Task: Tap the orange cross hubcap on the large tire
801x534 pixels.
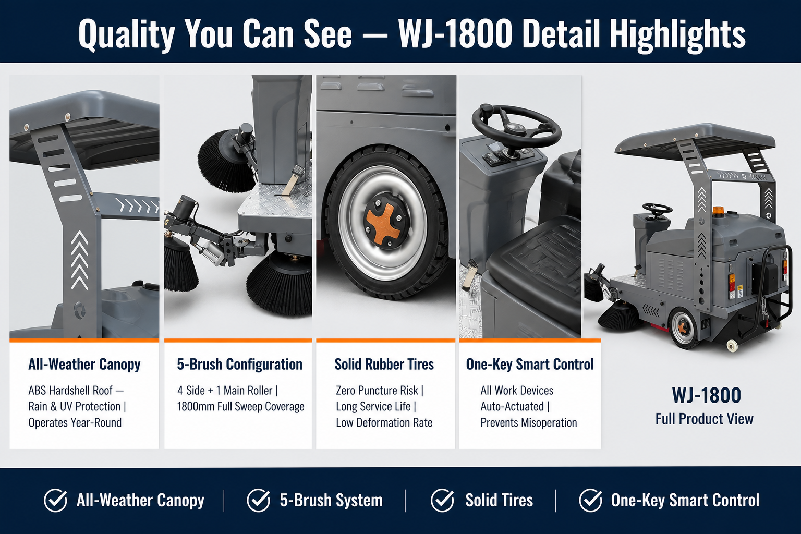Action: (383, 223)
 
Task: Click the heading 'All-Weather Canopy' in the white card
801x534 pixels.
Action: (84, 365)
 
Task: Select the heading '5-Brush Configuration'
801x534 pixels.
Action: (239, 365)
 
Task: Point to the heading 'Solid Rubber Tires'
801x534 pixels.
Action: (384, 365)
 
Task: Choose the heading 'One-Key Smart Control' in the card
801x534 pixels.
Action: (530, 365)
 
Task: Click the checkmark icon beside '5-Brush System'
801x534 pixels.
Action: (258, 500)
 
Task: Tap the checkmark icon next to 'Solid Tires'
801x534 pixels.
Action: (442, 500)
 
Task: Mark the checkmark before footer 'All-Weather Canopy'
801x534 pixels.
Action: (55, 500)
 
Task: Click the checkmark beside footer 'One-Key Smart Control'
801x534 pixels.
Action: (590, 500)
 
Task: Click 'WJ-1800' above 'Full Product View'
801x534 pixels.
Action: (706, 395)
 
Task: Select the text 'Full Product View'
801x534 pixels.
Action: (704, 419)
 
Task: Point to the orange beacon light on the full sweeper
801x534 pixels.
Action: (718, 211)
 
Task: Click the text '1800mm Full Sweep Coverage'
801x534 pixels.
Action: (240, 407)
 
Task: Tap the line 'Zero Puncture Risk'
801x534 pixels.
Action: (377, 390)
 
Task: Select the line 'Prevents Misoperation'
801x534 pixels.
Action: (528, 422)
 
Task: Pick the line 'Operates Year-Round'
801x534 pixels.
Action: (75, 422)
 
